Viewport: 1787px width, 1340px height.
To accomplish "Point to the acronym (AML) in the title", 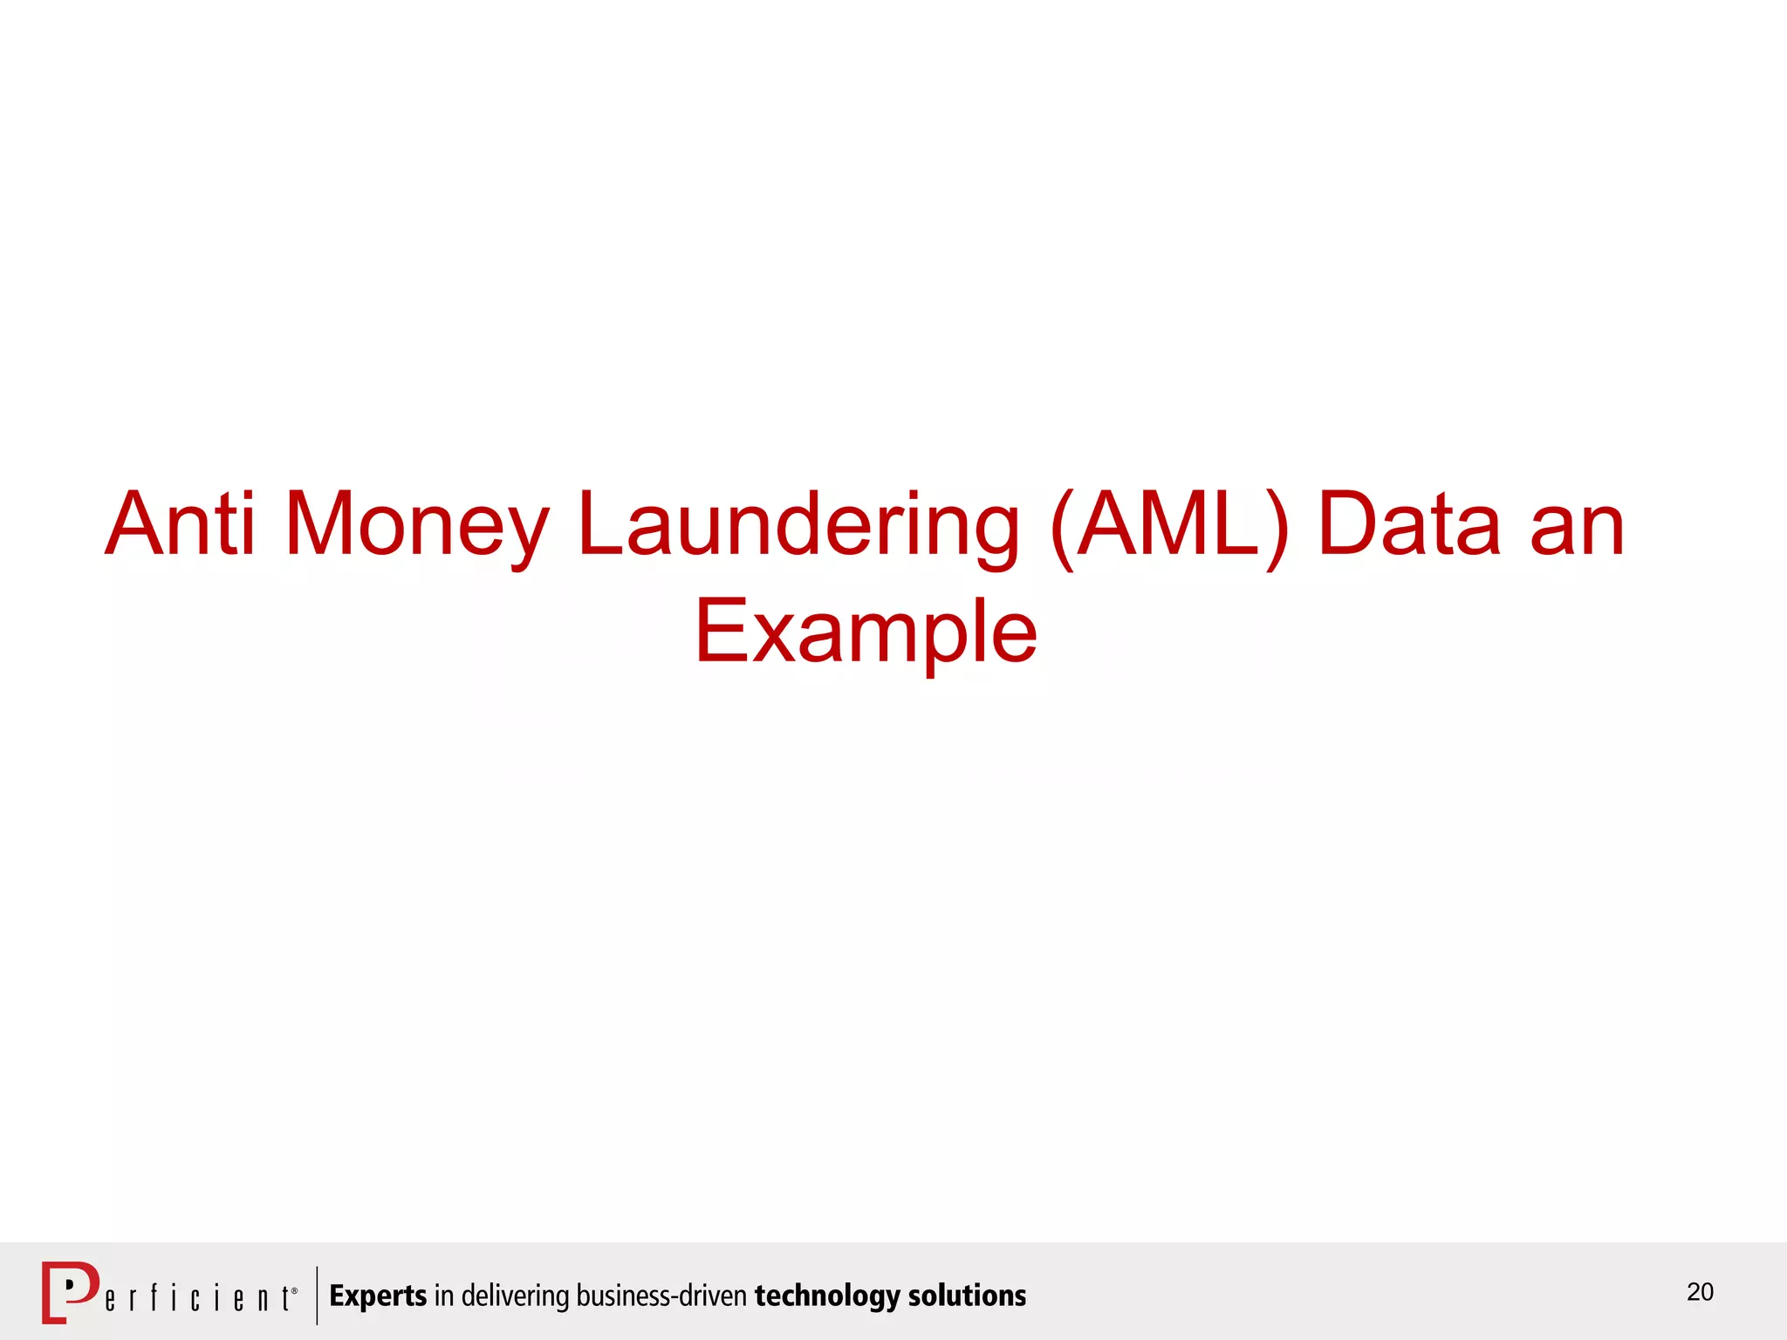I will (1170, 525).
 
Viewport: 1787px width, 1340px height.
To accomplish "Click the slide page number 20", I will (1700, 1292).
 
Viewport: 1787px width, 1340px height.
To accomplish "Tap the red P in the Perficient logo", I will (71, 1290).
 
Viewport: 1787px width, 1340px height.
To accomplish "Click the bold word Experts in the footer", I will (378, 1296).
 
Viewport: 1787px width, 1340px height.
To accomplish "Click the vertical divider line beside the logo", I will (317, 1296).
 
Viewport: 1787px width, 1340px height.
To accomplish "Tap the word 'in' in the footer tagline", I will (443, 1296).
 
